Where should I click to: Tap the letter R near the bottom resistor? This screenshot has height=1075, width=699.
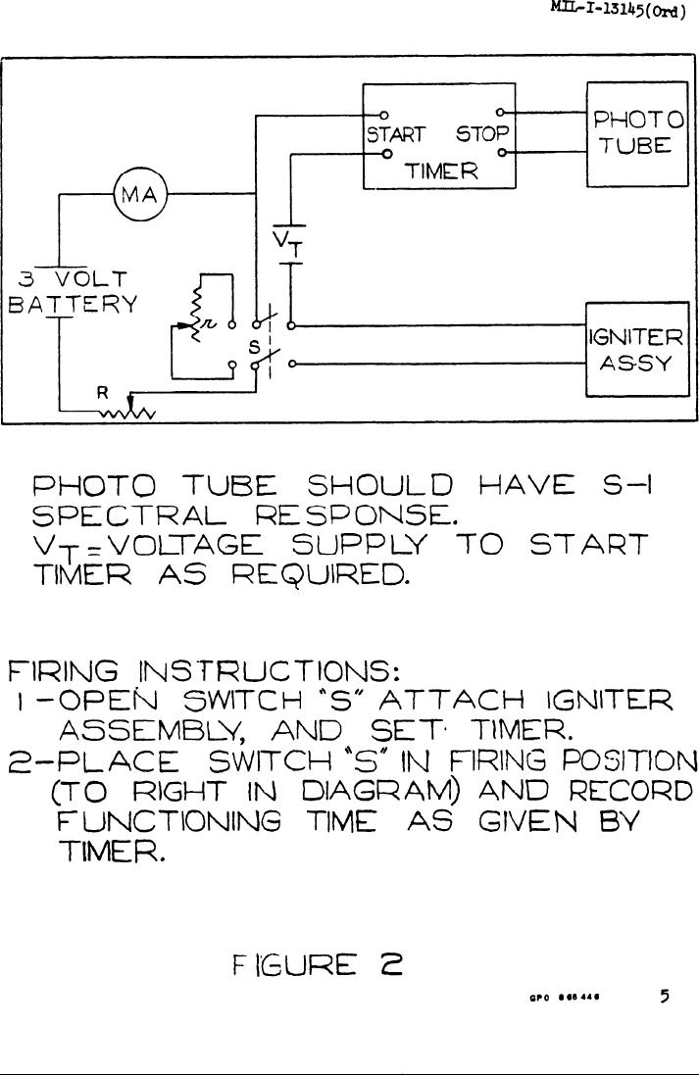(x=99, y=394)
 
